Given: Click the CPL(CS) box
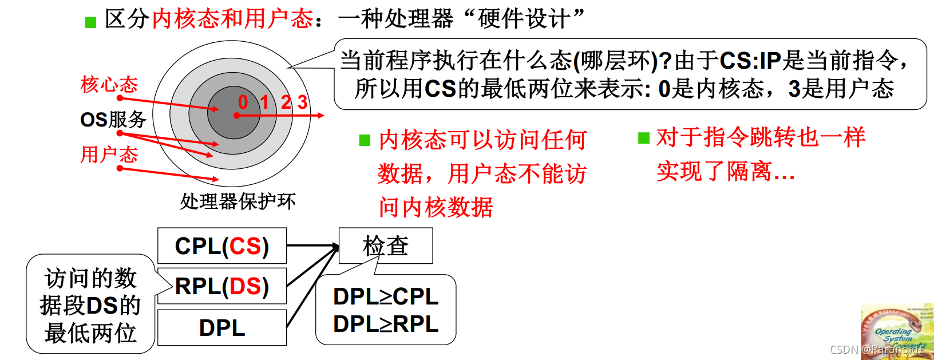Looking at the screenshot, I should tap(222, 246).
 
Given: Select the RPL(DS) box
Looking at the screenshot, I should tap(222, 286).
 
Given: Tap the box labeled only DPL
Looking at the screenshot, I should tap(222, 328).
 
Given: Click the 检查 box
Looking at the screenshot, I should tap(386, 246).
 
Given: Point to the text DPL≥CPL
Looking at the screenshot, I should tap(386, 296).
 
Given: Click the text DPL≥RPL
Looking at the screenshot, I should tap(386, 324).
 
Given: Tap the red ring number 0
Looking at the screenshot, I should tap(243, 102).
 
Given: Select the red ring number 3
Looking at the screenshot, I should tap(302, 102).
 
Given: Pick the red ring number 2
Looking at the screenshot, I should tap(286, 102).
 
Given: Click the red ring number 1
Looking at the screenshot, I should tap(264, 102).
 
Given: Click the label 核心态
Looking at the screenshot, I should tap(109, 85).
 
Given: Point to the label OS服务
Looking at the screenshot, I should tap(113, 120).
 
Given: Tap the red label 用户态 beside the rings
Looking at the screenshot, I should tap(109, 155).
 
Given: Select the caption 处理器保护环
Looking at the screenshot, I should tap(238, 201).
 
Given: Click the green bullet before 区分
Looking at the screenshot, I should tap(90, 22).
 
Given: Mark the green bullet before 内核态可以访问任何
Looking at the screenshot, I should tap(365, 140).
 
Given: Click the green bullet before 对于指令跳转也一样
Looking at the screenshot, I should tap(644, 138).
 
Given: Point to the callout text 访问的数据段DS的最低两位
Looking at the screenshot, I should tap(90, 305).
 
